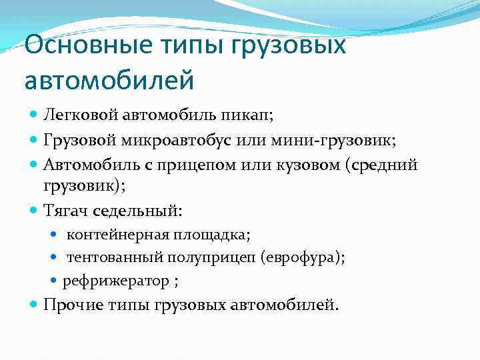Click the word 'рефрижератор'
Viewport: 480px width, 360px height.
(x=116, y=281)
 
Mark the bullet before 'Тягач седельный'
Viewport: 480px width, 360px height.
(x=35, y=211)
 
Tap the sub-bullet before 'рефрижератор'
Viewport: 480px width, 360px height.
(x=55, y=281)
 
